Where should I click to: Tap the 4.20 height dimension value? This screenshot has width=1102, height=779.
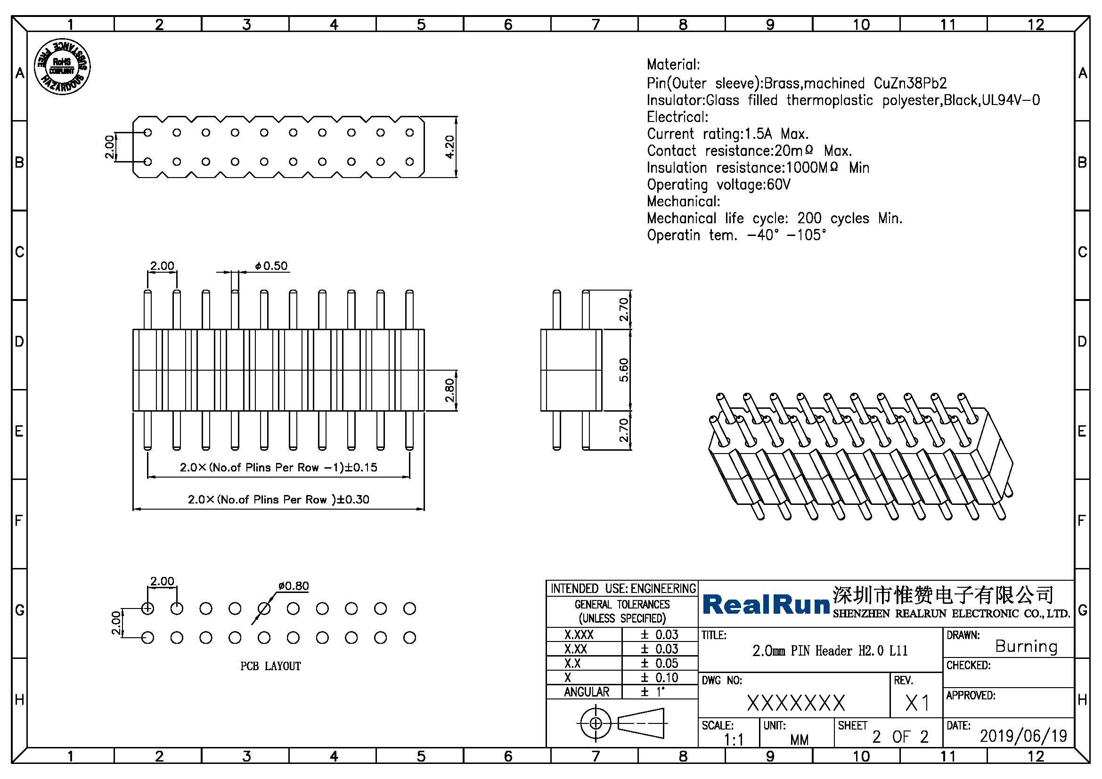(x=449, y=147)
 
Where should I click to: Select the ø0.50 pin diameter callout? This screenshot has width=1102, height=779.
(x=271, y=266)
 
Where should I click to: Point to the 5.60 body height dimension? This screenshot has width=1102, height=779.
(x=623, y=370)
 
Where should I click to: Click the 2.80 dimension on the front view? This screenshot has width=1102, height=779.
(x=449, y=390)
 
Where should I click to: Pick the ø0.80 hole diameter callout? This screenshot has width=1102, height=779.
(x=293, y=586)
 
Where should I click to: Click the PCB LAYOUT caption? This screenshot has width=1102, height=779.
(x=271, y=666)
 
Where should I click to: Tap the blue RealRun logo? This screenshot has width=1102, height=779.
(x=767, y=604)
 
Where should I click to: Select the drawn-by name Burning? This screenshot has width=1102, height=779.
(x=1026, y=646)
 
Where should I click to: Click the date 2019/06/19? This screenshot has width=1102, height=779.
(x=1023, y=736)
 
